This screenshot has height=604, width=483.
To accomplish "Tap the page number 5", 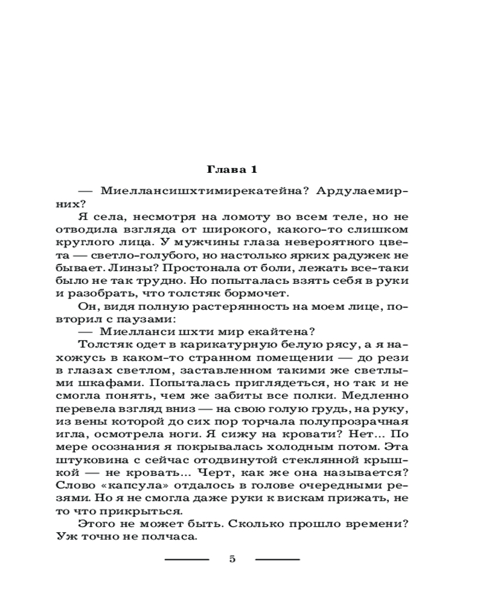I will (232, 559).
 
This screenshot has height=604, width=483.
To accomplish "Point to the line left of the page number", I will (187, 559).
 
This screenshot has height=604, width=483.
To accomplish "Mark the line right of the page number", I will (277, 559).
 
